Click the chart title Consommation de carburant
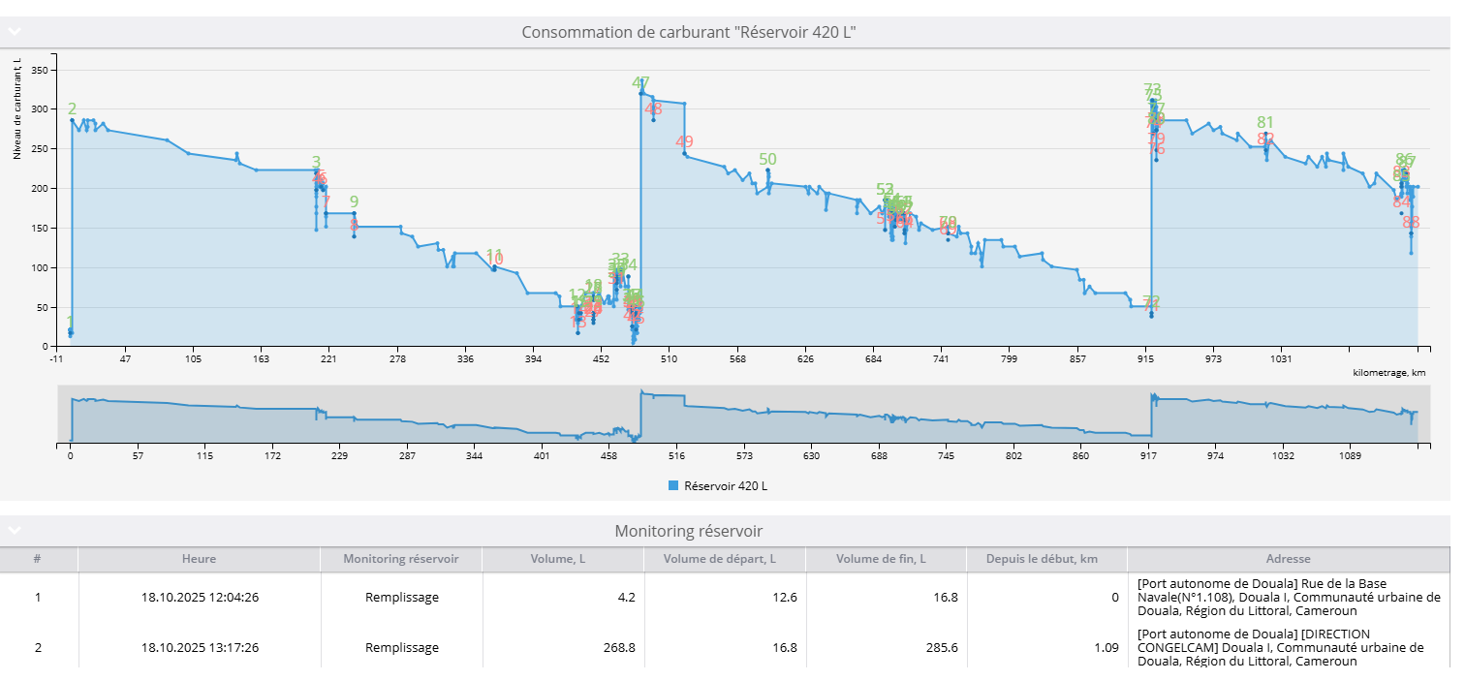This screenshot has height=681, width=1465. click(x=688, y=32)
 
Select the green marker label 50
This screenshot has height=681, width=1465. click(x=767, y=160)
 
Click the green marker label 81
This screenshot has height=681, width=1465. click(x=1265, y=122)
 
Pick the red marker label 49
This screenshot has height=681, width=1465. click(x=684, y=142)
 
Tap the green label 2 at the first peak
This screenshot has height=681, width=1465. click(x=72, y=109)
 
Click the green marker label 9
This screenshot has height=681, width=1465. click(x=354, y=201)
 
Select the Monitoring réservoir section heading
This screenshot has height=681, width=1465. click(x=688, y=531)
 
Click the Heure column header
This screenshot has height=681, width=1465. click(x=199, y=559)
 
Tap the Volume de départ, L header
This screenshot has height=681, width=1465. click(x=725, y=559)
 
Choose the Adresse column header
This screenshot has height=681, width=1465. click(x=1288, y=559)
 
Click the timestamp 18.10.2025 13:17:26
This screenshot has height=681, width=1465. click(x=200, y=647)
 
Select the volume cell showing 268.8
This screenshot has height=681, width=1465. click(x=617, y=647)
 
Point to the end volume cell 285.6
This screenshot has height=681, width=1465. click(x=939, y=647)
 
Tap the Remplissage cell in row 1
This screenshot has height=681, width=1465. click(x=401, y=597)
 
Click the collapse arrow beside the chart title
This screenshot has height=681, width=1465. click(x=15, y=32)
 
